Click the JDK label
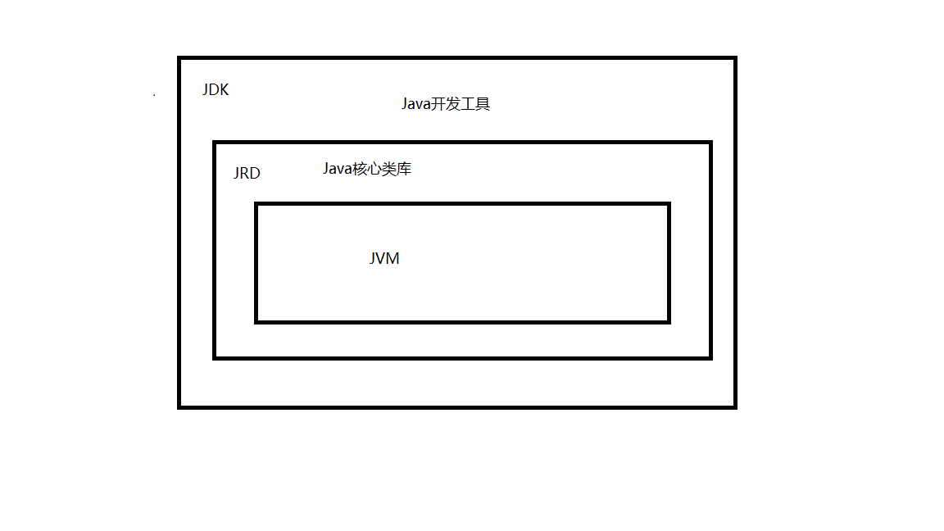click(x=216, y=90)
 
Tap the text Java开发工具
click(x=445, y=104)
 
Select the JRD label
click(x=247, y=174)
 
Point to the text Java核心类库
click(x=366, y=169)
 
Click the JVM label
click(x=384, y=259)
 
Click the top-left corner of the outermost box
click(x=179, y=58)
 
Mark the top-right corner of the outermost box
click(x=735, y=58)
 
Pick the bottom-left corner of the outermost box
click(x=179, y=406)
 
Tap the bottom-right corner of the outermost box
click(x=735, y=406)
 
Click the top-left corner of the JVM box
click(x=256, y=204)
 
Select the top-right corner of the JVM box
click(x=669, y=204)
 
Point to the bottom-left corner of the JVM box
click(x=256, y=321)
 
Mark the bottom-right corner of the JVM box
click(x=669, y=321)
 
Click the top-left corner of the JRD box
click(x=215, y=143)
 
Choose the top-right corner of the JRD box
click(x=710, y=143)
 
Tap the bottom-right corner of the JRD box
click(x=710, y=357)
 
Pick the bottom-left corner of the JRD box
click(x=215, y=357)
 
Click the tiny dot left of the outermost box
click(x=154, y=96)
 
